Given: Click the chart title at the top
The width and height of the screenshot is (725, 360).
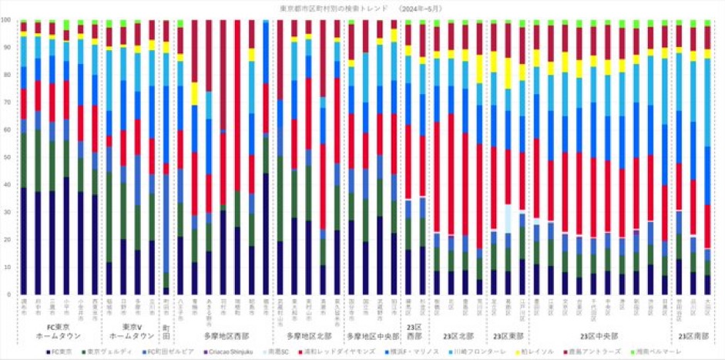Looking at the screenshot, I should [362, 7].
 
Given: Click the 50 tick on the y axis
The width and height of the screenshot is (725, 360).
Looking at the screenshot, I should [8, 157].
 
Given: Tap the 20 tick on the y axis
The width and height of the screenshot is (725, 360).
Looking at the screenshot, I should [8, 240].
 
